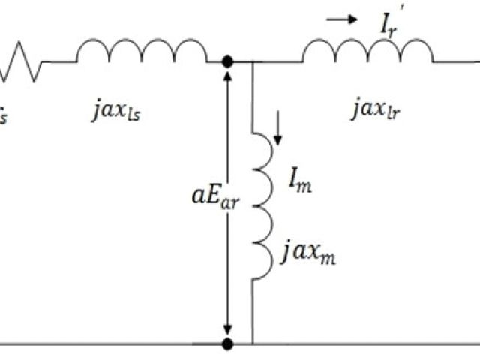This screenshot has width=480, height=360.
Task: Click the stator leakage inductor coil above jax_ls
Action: pos(140,52)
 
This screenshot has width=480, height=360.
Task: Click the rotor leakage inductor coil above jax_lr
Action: pos(367,52)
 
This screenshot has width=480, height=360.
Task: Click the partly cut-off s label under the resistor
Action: pos(4,117)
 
